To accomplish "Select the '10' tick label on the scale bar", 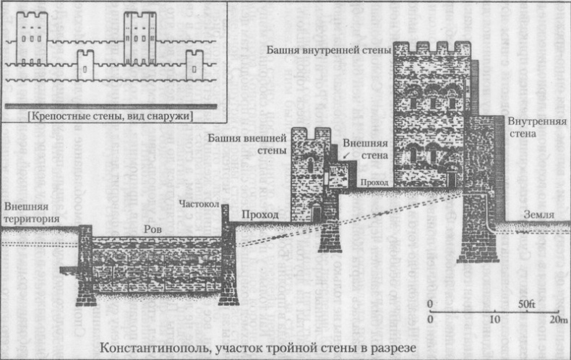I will [x=494, y=319].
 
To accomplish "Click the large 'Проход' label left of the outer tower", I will [x=259, y=215].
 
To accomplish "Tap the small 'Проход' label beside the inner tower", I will [x=378, y=183].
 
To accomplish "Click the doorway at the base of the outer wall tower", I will [x=316, y=213].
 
